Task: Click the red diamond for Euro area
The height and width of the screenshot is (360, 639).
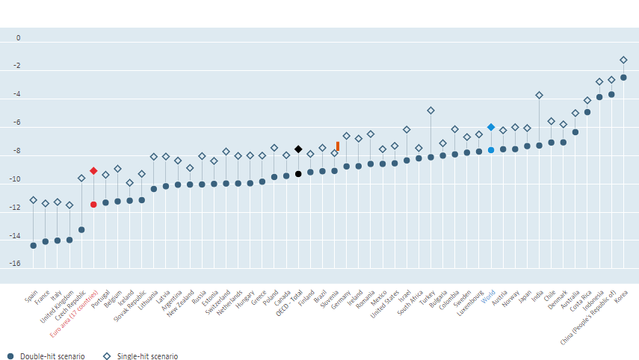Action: point(93,171)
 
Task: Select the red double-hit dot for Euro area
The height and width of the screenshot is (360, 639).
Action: point(93,205)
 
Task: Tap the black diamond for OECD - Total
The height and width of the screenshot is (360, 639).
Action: point(298,149)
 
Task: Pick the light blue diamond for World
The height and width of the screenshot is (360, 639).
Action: point(491,127)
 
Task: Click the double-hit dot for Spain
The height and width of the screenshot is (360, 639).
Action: point(33,246)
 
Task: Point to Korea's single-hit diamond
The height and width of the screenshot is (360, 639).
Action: point(623,60)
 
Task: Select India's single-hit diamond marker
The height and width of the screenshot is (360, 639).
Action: point(539,96)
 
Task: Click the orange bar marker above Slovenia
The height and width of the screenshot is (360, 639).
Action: point(338,146)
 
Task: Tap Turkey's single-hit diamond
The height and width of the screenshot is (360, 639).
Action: point(430,111)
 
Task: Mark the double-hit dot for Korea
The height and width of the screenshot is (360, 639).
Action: point(623,78)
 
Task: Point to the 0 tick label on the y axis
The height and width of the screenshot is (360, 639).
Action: point(19,38)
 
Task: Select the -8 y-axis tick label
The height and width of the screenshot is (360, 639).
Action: point(16,152)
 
